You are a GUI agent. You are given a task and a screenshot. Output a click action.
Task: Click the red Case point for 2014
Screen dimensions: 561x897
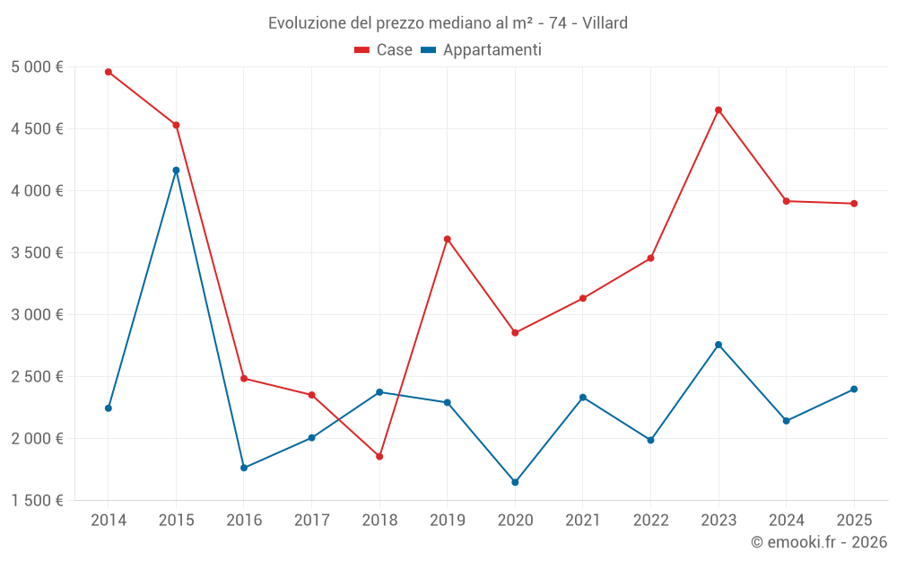click(109, 72)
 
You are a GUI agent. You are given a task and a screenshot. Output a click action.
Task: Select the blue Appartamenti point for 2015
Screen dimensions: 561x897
click(176, 171)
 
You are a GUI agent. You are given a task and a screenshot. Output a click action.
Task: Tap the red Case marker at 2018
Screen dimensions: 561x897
click(379, 457)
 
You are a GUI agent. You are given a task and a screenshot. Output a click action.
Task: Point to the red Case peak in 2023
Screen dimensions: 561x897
click(718, 110)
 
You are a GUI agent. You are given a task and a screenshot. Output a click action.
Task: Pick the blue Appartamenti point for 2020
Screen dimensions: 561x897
click(515, 483)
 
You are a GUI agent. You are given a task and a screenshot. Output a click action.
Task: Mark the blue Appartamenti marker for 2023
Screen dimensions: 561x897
click(718, 345)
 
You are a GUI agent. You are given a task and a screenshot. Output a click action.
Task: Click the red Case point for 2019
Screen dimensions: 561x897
click(447, 239)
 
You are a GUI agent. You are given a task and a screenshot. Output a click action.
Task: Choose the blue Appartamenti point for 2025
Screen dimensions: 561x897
click(854, 390)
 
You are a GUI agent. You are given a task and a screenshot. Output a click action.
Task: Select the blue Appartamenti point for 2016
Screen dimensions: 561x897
click(244, 468)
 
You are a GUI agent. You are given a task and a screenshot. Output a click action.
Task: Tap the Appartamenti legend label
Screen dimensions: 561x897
click(492, 50)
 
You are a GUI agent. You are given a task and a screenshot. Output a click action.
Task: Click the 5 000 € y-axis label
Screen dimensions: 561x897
click(37, 66)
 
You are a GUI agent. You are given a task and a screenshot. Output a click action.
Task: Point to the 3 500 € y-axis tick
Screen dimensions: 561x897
click(37, 252)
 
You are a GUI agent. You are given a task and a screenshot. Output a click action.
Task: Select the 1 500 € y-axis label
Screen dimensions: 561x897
click(37, 500)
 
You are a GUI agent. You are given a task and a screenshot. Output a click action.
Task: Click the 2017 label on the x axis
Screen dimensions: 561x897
click(311, 520)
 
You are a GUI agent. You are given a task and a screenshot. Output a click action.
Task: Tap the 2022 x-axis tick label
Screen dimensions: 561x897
click(650, 520)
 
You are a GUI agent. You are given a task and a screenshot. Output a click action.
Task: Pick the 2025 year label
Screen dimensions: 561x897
click(854, 520)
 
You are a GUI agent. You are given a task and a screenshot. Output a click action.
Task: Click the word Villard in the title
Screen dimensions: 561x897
click(605, 22)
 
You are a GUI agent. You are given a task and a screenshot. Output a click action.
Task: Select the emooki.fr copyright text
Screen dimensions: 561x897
click(819, 542)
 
